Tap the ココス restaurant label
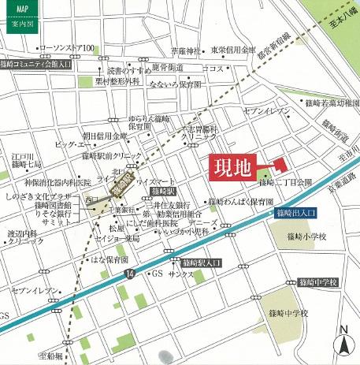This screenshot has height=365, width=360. click(x=213, y=69)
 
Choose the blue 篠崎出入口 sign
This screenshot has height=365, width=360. click(x=295, y=213)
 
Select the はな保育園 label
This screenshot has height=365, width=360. click(x=111, y=259)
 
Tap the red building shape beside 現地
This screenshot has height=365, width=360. click(x=278, y=164)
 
